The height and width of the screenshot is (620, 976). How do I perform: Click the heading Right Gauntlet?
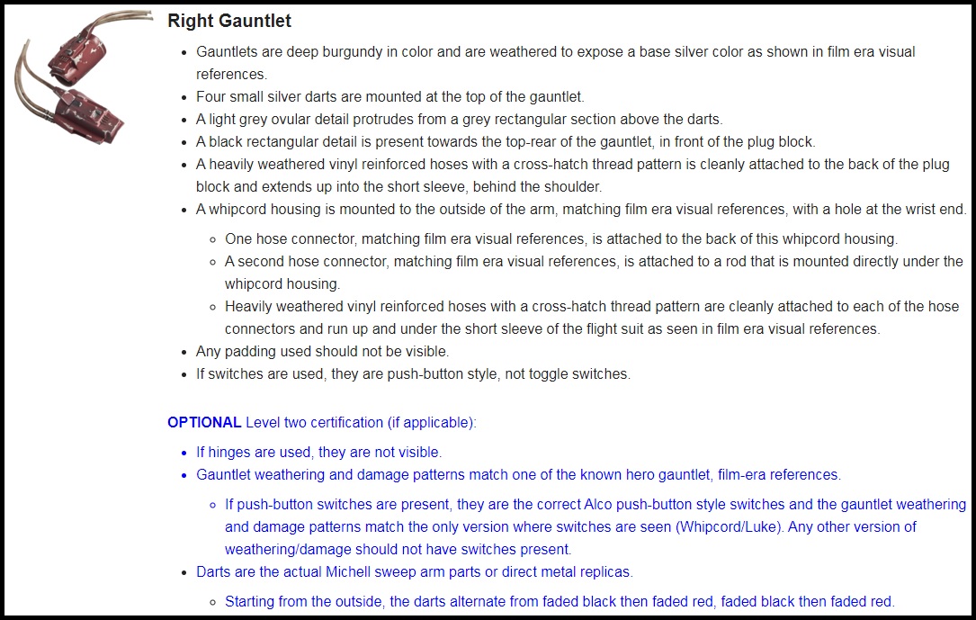pos(229,21)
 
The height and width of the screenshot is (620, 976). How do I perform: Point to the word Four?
pos(211,96)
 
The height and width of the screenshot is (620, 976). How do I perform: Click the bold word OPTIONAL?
pos(204,422)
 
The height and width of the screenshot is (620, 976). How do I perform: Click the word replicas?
pos(605,571)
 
